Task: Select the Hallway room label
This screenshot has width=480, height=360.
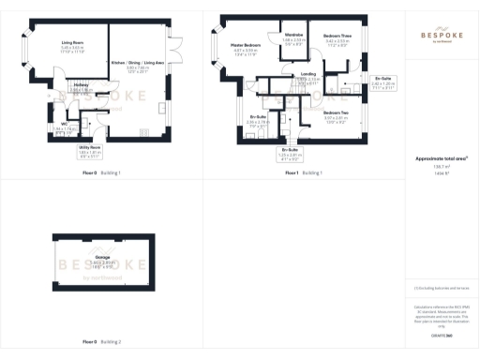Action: point(81,84)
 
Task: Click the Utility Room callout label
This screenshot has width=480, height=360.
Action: point(89,148)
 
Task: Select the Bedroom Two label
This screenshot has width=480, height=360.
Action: point(336,112)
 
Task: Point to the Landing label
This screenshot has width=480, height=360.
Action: point(307,74)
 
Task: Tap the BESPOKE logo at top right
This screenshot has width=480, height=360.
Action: point(441,33)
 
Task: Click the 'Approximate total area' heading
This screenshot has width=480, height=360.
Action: point(441,160)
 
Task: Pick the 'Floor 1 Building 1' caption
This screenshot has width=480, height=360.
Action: point(304,173)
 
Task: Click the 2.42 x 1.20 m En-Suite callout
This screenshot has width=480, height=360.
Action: point(382,79)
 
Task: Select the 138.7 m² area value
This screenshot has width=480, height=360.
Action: point(441,167)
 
